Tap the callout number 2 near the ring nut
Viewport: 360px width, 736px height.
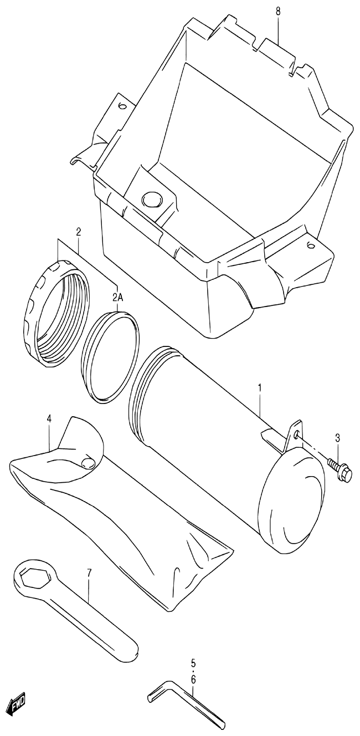pyautogui.click(x=78, y=231)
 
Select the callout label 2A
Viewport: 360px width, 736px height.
pyautogui.click(x=117, y=298)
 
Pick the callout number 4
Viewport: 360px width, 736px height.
pyautogui.click(x=49, y=418)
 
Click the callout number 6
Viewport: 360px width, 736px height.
pyautogui.click(x=193, y=679)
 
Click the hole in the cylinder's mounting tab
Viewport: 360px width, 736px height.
pyautogui.click(x=298, y=436)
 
